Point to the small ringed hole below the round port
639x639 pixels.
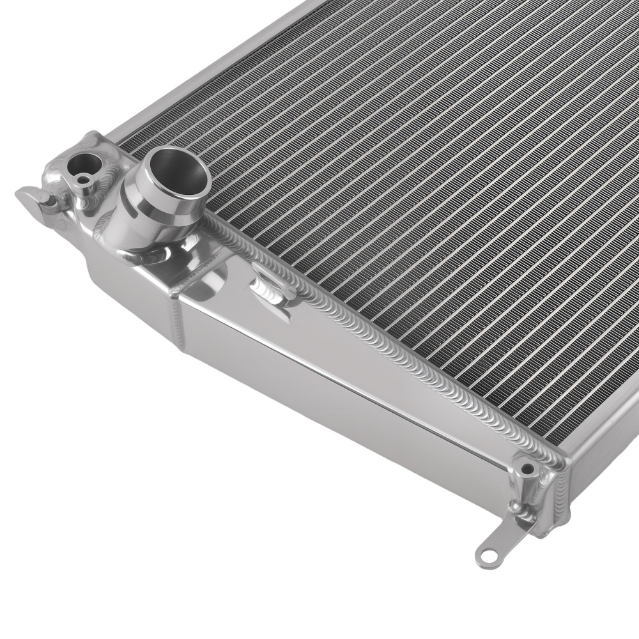click(x=82, y=181)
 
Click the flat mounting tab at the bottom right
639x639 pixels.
click(x=495, y=550)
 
